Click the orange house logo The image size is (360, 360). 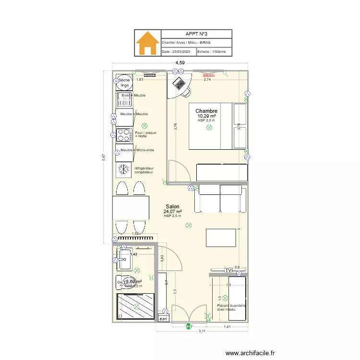[148, 44]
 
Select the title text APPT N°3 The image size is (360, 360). [196, 34]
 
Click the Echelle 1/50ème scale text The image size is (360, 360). [215, 51]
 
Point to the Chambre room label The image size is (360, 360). [206, 111]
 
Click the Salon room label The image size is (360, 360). [172, 206]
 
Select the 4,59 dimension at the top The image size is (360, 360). [180, 63]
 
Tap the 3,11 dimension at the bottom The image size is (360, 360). [202, 331]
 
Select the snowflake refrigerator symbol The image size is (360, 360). [124, 169]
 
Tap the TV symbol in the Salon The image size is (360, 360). [229, 271]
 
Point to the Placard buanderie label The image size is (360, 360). [231, 307]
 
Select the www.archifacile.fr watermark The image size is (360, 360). [251, 353]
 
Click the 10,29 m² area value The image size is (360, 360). [206, 116]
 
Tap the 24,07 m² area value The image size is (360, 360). [172, 212]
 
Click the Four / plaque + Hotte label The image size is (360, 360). [145, 134]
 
